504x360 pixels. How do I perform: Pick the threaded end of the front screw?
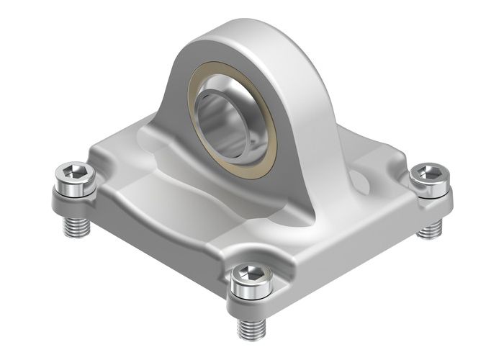(251, 328)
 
